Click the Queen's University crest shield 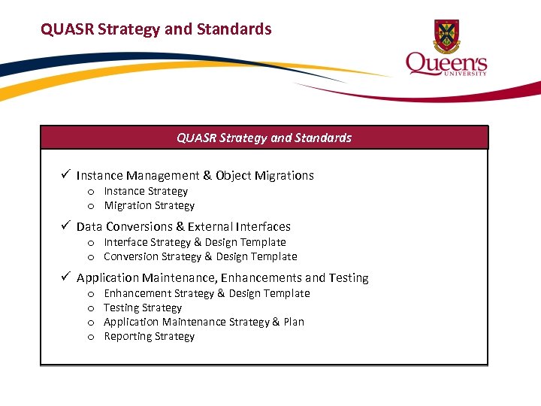click(x=446, y=35)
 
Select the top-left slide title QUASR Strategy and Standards click(x=156, y=29)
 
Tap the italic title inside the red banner click(x=264, y=138)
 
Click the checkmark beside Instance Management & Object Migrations click(x=66, y=175)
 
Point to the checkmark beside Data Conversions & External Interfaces click(x=66, y=226)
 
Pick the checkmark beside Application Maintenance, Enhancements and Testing click(x=66, y=277)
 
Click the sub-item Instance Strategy click(x=146, y=191)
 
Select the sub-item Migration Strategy click(x=149, y=205)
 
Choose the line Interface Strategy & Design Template click(x=195, y=242)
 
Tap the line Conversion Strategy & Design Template click(x=200, y=256)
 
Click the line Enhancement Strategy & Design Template click(x=207, y=293)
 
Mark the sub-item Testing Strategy click(x=143, y=308)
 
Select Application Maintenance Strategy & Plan click(x=204, y=322)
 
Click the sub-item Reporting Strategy click(x=149, y=336)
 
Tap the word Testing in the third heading click(x=348, y=277)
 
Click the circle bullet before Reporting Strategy click(x=90, y=337)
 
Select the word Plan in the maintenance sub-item click(x=294, y=322)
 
